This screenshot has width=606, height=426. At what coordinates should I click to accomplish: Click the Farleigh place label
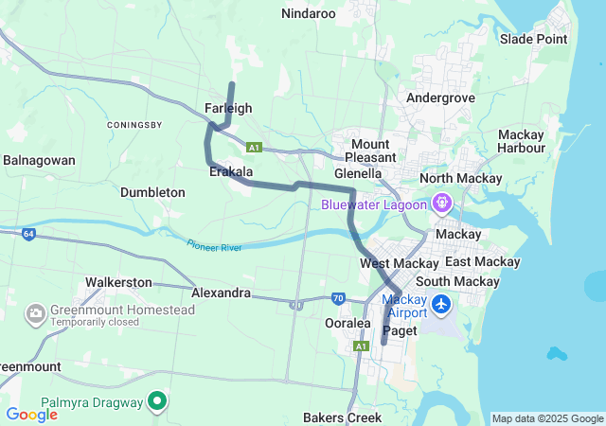[228, 108]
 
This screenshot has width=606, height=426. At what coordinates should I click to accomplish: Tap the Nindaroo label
[309, 13]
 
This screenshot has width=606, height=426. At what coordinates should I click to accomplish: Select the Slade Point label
[533, 39]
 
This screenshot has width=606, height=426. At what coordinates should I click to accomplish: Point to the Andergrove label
[439, 98]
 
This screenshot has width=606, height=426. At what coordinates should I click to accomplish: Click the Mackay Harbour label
[521, 141]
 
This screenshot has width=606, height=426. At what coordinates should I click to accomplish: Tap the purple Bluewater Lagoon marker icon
[441, 203]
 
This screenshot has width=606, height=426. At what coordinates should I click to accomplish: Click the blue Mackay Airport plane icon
[441, 305]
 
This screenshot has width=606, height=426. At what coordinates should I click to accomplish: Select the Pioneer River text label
[214, 246]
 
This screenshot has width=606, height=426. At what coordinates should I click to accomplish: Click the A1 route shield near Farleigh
[253, 147]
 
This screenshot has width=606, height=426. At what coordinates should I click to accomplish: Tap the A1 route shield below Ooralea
[361, 347]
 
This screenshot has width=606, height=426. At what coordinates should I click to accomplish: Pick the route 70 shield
[338, 298]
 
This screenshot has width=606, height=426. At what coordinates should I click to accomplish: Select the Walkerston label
[118, 282]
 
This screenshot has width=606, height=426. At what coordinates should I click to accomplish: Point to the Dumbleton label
[152, 192]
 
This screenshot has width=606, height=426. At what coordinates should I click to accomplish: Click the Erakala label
[231, 172]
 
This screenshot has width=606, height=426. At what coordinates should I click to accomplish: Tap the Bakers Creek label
[342, 417]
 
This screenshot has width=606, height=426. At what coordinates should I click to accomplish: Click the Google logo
[31, 414]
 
